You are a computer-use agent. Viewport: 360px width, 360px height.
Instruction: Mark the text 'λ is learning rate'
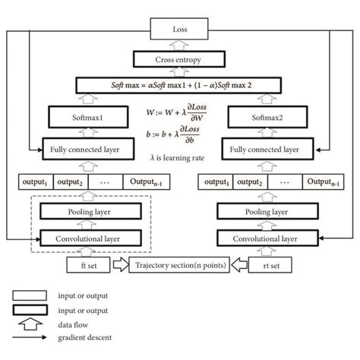pyautogui.click(x=180, y=156)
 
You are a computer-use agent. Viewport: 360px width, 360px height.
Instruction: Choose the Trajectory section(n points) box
pyautogui.click(x=180, y=266)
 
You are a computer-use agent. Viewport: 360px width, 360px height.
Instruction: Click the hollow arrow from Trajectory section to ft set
pyautogui.click(x=120, y=266)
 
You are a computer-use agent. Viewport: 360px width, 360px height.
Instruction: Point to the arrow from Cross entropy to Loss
pyautogui.click(x=180, y=45)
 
